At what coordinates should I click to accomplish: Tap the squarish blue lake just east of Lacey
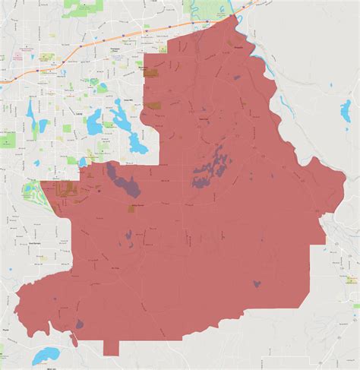pyautogui.click(x=93, y=122)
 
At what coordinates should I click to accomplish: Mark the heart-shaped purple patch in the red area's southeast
pyautogui.click(x=257, y=284)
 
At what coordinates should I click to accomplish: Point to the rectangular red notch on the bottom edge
pyautogui.click(x=111, y=349)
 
